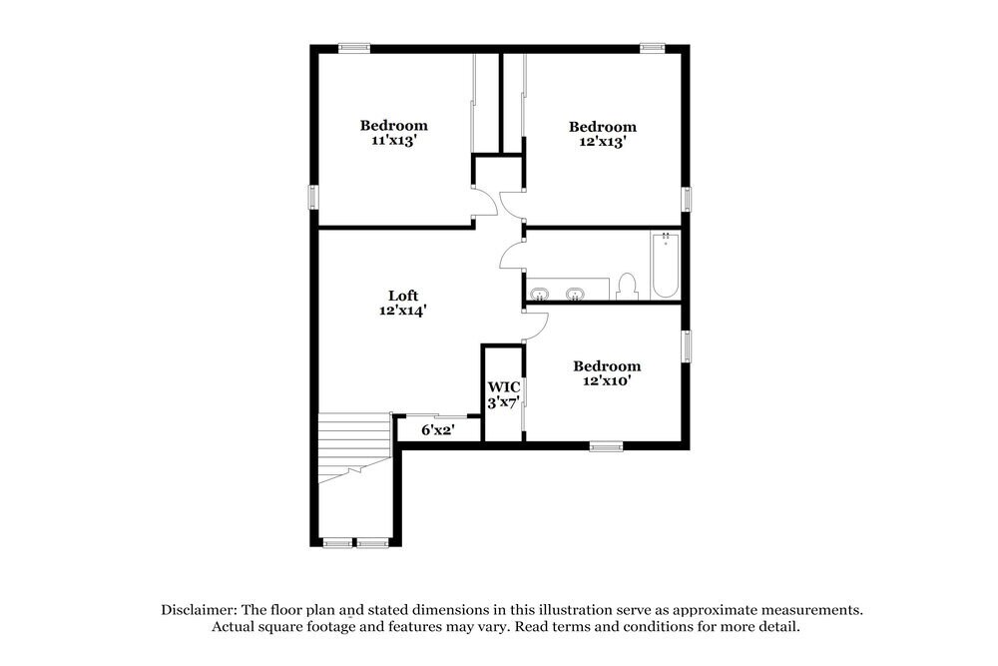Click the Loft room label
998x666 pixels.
403,296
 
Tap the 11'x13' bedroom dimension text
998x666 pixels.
394,141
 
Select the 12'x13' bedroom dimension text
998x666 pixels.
603,142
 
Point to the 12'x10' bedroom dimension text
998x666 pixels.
607,381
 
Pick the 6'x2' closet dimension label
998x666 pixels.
438,430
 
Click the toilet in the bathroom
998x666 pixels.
627,287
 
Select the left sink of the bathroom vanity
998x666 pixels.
540,294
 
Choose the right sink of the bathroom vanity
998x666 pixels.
575,294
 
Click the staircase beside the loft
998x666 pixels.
351,448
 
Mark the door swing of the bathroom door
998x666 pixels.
511,256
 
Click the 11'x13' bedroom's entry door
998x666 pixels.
486,203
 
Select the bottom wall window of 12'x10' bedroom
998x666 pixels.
606,445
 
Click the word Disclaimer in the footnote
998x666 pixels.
197,609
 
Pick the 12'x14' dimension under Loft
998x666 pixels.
403,311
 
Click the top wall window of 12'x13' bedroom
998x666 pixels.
653,46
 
